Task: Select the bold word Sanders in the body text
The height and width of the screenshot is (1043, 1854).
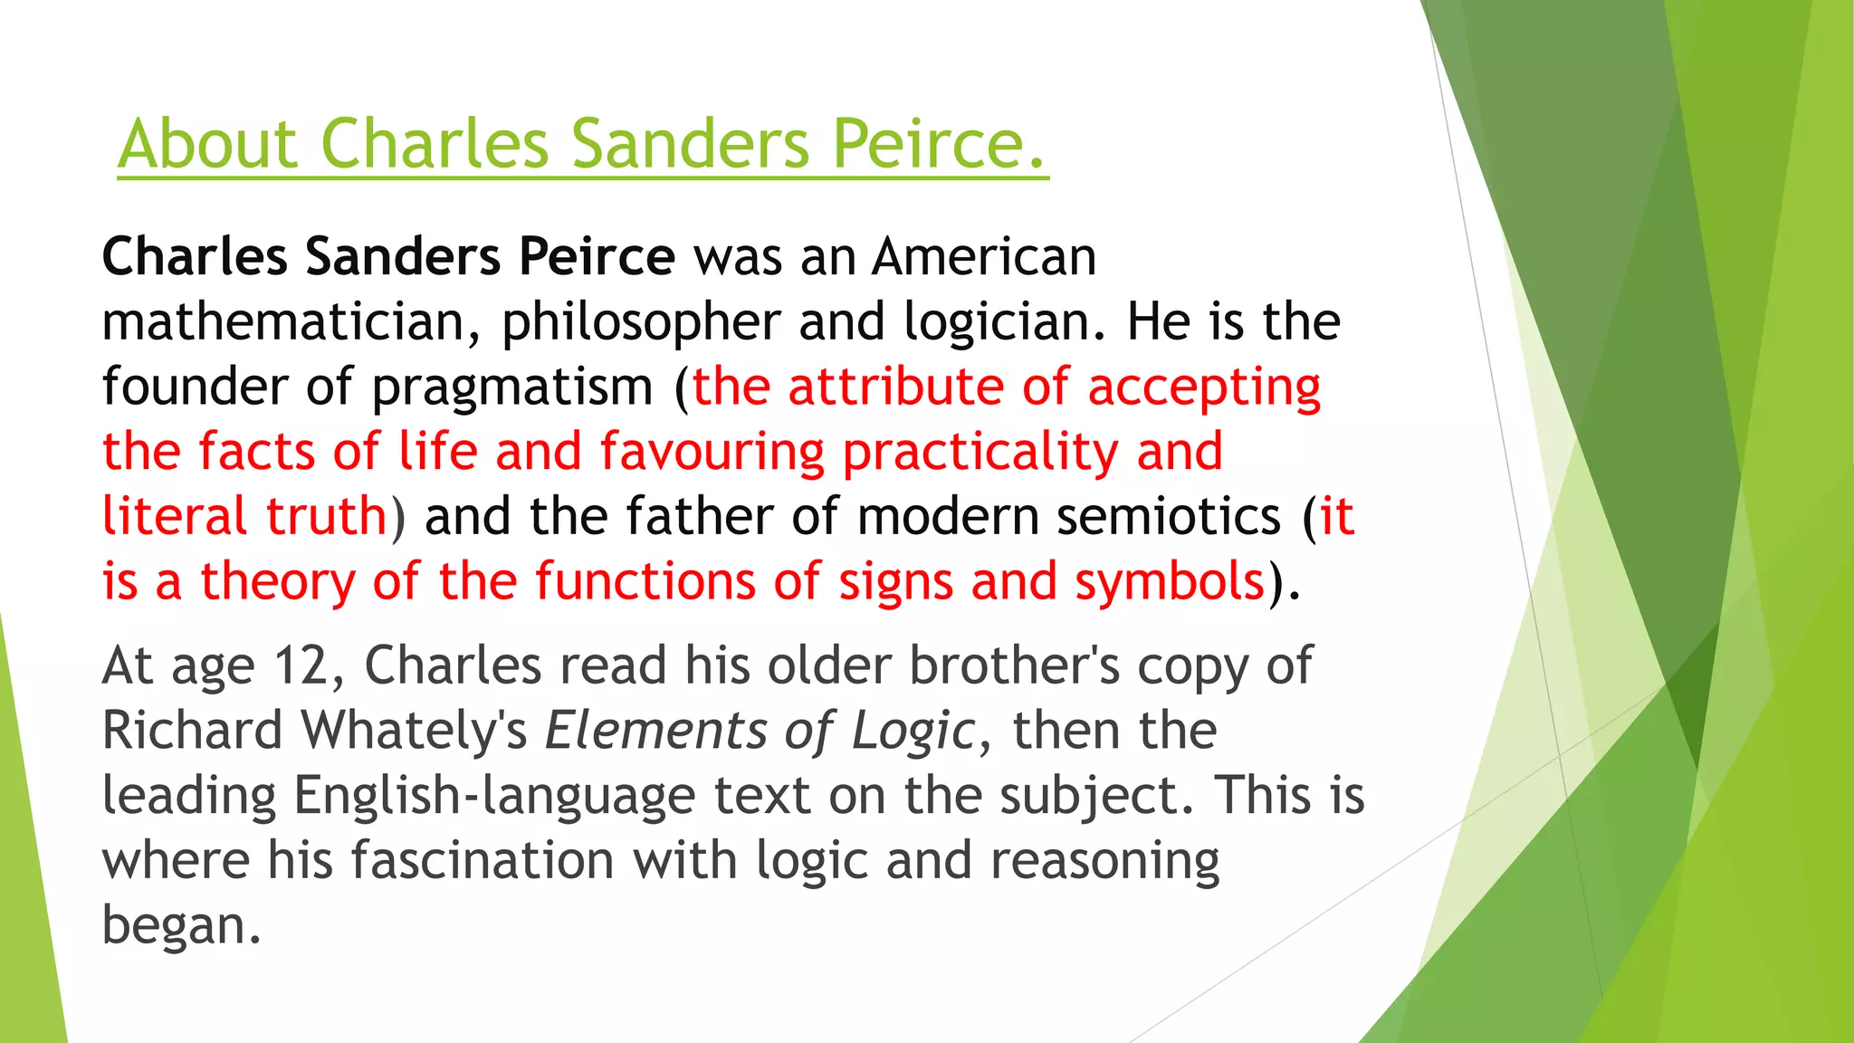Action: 403,256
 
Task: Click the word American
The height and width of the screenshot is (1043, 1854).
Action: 984,256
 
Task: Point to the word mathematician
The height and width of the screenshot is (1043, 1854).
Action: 291,321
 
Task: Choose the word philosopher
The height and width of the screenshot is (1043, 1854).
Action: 641,323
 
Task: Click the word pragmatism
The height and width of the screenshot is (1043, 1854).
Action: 512,388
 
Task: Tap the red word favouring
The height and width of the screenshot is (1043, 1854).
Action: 712,452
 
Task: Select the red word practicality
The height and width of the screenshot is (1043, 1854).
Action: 980,452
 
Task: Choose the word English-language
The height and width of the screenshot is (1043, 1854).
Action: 494,796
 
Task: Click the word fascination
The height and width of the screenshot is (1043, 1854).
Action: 483,860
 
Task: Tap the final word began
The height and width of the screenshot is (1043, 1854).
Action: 181,925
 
